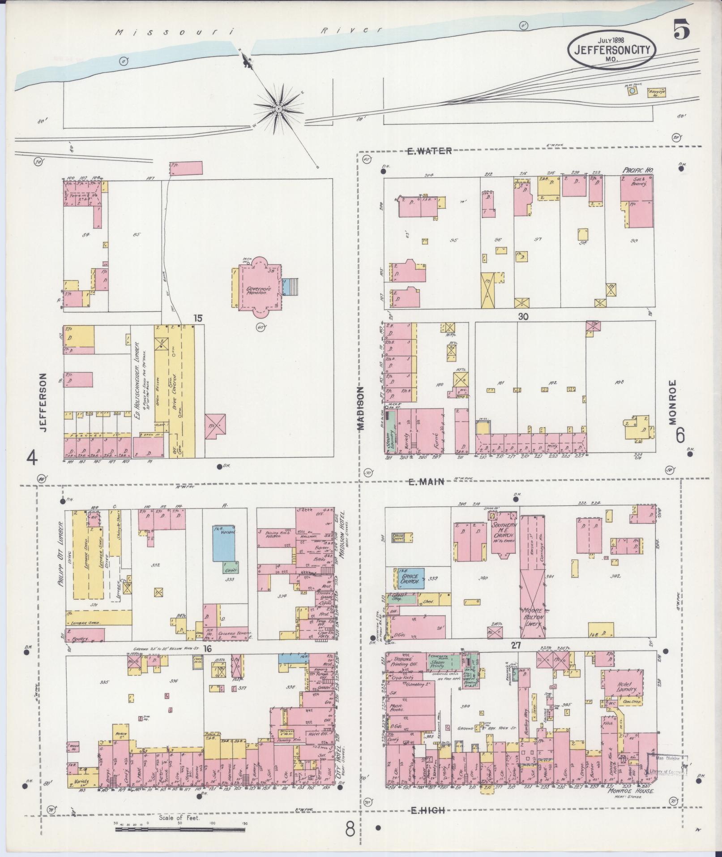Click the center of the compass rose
click(x=278, y=109)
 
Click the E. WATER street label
click(x=429, y=151)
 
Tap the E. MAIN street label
click(x=426, y=482)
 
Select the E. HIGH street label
click(x=427, y=810)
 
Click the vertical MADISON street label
click(x=361, y=409)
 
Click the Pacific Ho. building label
click(x=637, y=171)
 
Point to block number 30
click(x=523, y=316)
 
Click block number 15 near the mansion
click(x=198, y=318)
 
